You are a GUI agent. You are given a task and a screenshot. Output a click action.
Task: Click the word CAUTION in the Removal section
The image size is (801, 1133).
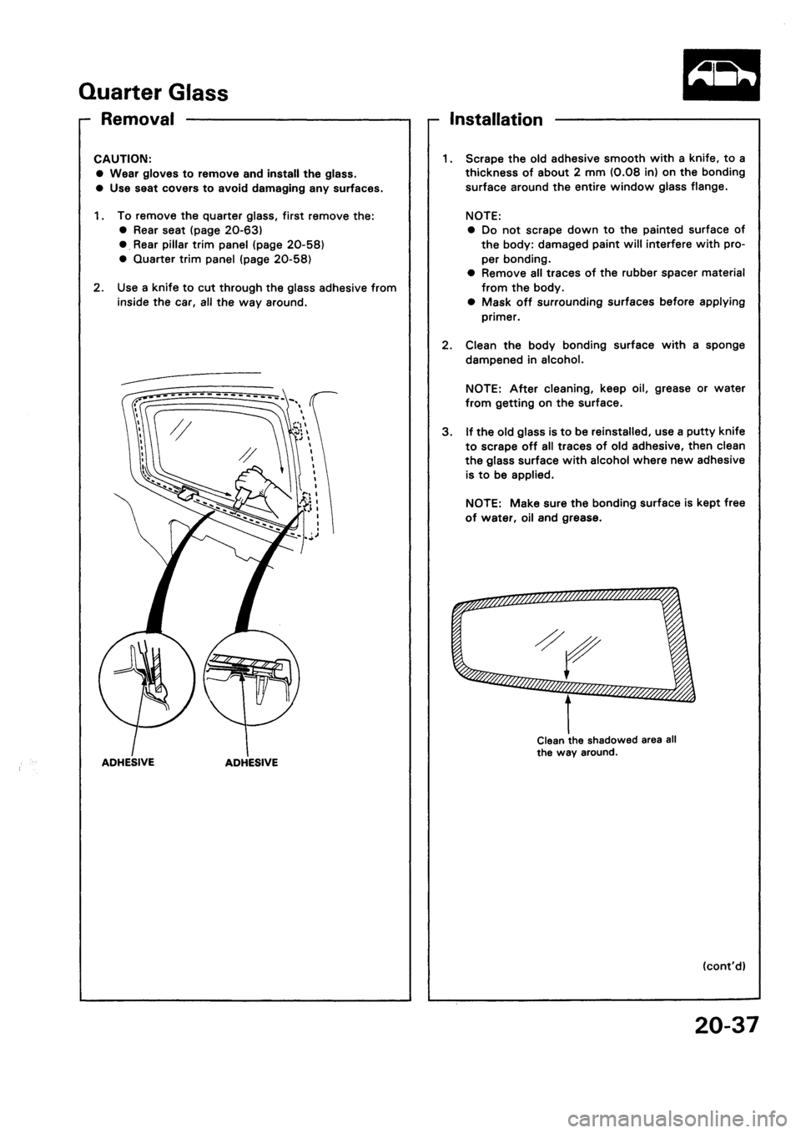point(122,160)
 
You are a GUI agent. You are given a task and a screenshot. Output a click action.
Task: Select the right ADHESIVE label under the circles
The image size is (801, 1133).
point(249,762)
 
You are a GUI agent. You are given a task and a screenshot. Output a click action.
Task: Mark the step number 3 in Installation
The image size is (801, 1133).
point(447,430)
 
